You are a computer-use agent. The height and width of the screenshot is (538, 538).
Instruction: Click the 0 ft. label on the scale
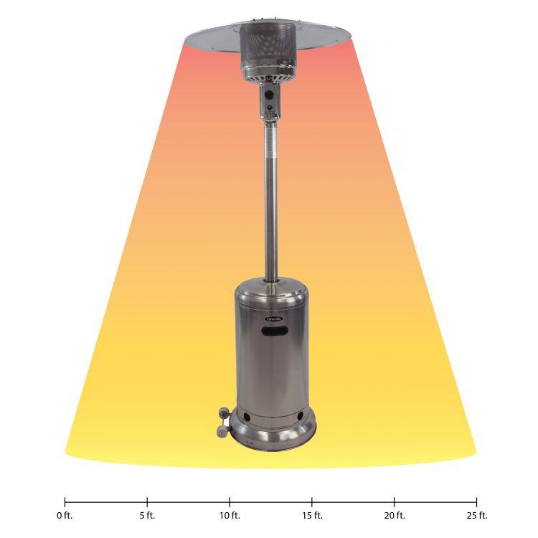pyautogui.click(x=65, y=515)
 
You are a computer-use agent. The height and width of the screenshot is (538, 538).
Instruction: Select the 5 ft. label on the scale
pyautogui.click(x=147, y=515)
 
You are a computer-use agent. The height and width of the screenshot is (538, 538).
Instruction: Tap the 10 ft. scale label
pyautogui.click(x=230, y=515)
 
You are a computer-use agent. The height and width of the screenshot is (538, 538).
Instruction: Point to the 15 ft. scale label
pyautogui.click(x=312, y=515)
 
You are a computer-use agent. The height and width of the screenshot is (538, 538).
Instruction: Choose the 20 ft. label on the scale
pyautogui.click(x=395, y=515)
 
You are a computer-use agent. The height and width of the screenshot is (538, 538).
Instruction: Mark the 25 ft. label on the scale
pyautogui.click(x=476, y=515)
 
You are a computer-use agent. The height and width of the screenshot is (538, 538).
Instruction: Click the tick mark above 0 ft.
pyautogui.click(x=65, y=501)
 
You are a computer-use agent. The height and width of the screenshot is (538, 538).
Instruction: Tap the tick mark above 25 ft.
pyautogui.click(x=476, y=501)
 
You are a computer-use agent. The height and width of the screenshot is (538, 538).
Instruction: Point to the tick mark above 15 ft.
pyautogui.click(x=312, y=501)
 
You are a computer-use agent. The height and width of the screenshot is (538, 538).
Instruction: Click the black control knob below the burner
pyautogui.click(x=270, y=94)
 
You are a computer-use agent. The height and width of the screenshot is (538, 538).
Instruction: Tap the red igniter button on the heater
pyautogui.click(x=270, y=110)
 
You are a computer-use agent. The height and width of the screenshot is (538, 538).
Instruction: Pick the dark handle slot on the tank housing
pyautogui.click(x=275, y=331)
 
